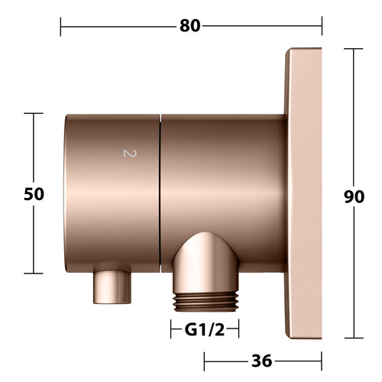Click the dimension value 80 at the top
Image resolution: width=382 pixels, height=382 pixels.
pyautogui.click(x=190, y=26)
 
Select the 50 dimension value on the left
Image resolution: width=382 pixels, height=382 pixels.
pyautogui.click(x=34, y=194)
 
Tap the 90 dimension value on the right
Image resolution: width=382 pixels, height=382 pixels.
pyautogui.click(x=354, y=196)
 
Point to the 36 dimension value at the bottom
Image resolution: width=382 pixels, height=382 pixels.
pyautogui.click(x=262, y=361)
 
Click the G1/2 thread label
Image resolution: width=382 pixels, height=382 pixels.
pyautogui.click(x=205, y=330)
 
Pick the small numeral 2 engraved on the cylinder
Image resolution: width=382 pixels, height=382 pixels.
pyautogui.click(x=130, y=154)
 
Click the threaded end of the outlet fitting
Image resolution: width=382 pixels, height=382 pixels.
pyautogui.click(x=206, y=302)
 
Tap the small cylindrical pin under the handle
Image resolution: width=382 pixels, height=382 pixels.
pyautogui.click(x=112, y=287)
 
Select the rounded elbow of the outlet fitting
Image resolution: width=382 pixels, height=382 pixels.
pyautogui.click(x=206, y=262)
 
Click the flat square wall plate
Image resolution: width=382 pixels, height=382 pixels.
pyautogui.click(x=303, y=193)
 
